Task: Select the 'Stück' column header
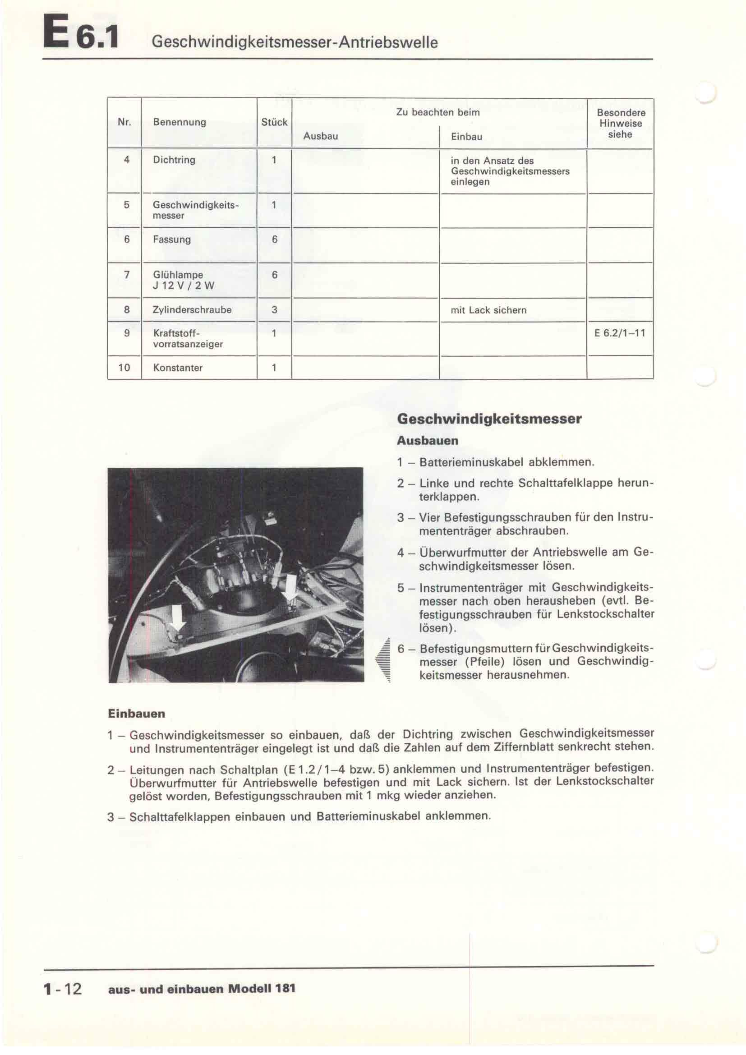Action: [x=274, y=122]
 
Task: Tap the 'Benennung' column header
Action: [x=179, y=122]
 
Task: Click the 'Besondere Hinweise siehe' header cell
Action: [x=621, y=123]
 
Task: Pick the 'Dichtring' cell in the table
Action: [x=174, y=160]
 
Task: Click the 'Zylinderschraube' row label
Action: [x=192, y=310]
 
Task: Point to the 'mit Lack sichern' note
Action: [x=488, y=310]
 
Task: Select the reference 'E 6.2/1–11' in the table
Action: [x=620, y=333]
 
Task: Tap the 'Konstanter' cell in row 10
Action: [x=178, y=368]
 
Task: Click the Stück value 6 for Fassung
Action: [x=275, y=240]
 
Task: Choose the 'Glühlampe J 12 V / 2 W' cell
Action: [x=184, y=280]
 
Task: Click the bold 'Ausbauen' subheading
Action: [x=427, y=441]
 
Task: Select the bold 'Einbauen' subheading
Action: [x=136, y=714]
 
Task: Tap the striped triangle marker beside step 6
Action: [x=383, y=660]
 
